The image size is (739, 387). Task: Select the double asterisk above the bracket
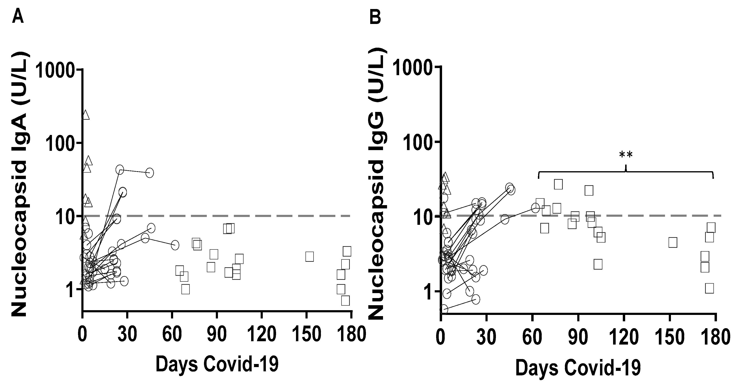(626, 155)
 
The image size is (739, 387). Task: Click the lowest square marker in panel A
(345, 301)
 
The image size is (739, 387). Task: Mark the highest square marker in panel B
(558, 184)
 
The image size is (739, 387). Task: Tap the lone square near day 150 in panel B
(673, 242)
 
